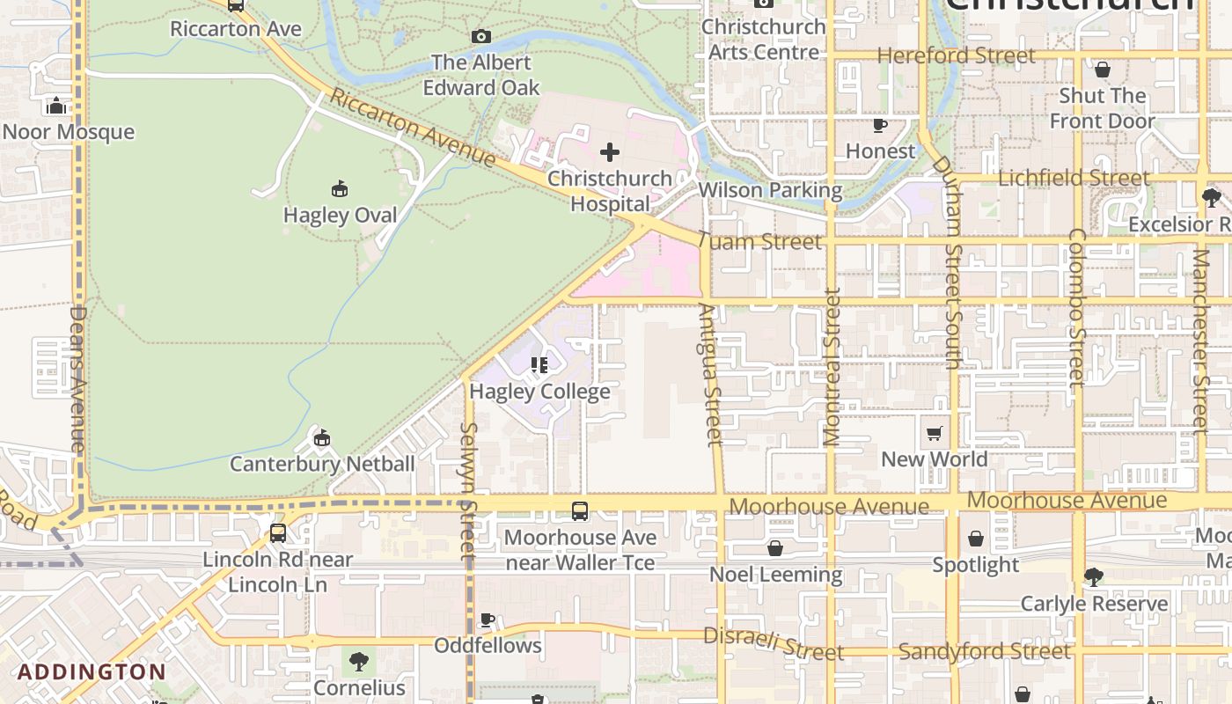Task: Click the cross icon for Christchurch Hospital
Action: pos(609,152)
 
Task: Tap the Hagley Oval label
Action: pos(340,215)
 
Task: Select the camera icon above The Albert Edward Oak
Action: pos(480,36)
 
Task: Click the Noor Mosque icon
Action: pos(56,106)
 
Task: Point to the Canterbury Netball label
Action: pos(322,463)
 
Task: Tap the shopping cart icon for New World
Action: pos(934,433)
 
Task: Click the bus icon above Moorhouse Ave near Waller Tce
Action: pos(580,510)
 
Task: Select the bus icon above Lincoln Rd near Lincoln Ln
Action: pos(278,532)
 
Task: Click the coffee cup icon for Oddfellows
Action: pos(488,620)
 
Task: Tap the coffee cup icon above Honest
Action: pos(879,125)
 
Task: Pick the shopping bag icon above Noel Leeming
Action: pos(775,548)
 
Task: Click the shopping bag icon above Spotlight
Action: pos(975,539)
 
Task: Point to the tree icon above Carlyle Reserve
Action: pos(1093,577)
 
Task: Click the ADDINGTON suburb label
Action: pos(92,672)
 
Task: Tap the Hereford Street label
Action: pos(956,55)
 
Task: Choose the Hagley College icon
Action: pos(539,365)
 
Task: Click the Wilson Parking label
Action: pos(770,190)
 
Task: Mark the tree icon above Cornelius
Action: pos(359,661)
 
